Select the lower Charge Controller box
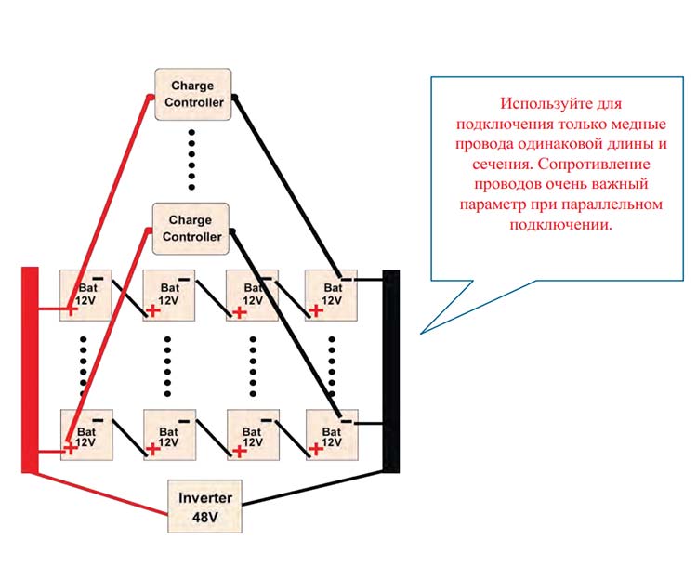coord(191,229)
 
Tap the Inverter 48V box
coord(204,506)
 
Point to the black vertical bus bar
coord(391,372)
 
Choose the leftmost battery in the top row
coord(85,295)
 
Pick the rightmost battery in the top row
coord(332,295)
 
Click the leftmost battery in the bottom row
coord(85,435)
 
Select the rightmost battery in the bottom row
coord(332,435)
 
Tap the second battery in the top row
coord(168,295)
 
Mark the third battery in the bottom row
coord(251,435)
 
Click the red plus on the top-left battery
coord(71,310)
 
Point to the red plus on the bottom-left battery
coord(71,449)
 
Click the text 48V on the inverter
coord(204,516)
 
